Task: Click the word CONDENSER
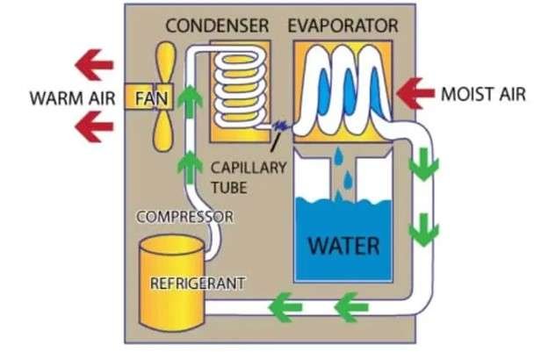(217, 25)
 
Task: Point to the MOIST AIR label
(484, 92)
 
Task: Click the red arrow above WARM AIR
(94, 63)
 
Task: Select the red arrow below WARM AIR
(94, 128)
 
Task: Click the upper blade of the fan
(164, 59)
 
